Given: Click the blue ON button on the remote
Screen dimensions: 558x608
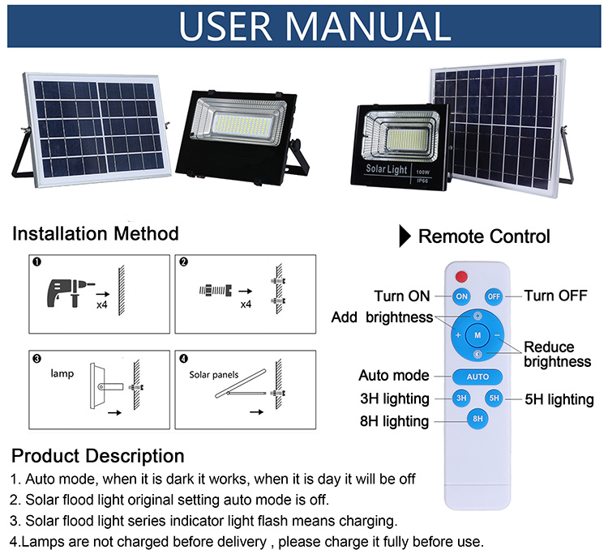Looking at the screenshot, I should coord(461,296).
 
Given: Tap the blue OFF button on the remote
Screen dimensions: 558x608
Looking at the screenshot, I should coord(494,296).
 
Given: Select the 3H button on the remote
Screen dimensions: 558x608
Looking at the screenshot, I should coord(461,398).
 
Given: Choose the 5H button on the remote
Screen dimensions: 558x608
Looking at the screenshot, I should coord(494,398).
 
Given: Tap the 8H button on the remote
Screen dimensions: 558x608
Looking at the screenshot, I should coord(477,419).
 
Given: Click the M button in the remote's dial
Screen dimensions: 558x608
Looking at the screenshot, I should coord(477,334).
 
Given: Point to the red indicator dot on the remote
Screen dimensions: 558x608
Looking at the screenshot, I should coord(461,275).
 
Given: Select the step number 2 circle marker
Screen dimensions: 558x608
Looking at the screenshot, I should coord(184,262).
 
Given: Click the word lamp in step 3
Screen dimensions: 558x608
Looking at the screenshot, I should coord(62,375).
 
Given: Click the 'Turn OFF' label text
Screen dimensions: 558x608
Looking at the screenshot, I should coord(555,296).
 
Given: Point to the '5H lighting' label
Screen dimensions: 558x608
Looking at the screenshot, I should coord(559,399).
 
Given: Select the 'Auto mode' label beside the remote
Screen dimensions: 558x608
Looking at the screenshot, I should coord(394,376).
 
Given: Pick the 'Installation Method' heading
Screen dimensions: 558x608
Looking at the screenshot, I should coord(96,234).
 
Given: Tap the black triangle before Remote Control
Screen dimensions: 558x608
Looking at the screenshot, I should coord(404,236).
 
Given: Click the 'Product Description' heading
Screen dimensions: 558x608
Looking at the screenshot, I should coord(98,455).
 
